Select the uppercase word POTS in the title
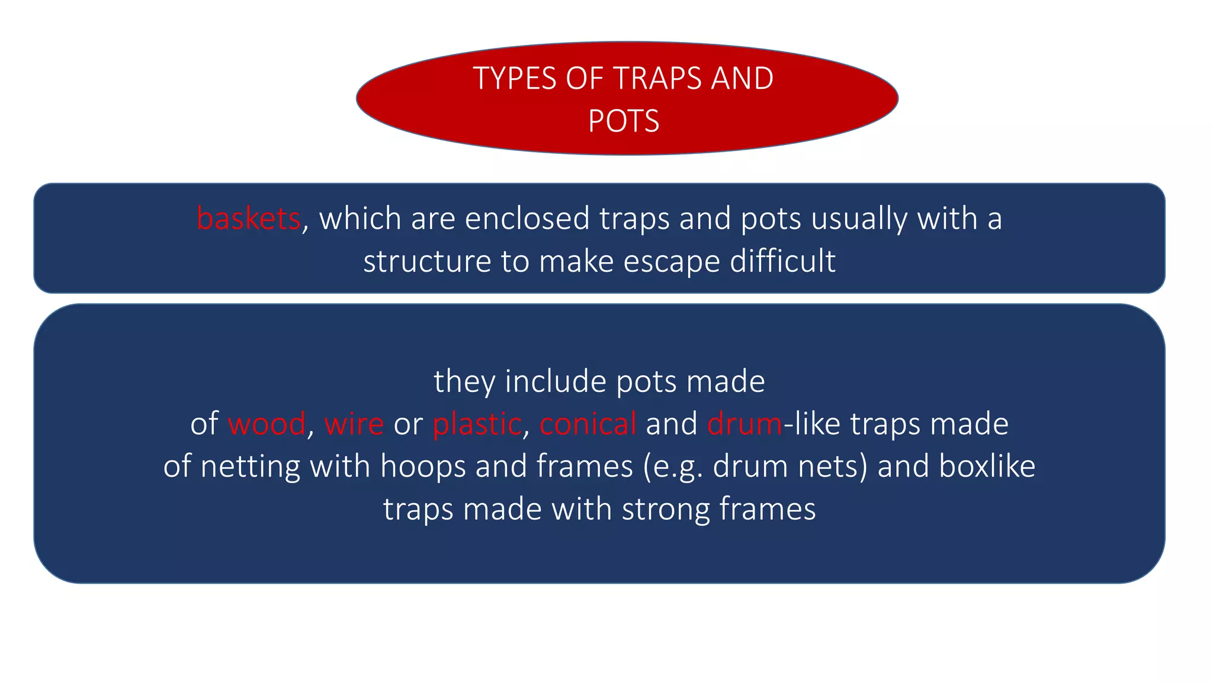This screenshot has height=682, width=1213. coord(623,121)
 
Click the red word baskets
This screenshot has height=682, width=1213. coord(249,218)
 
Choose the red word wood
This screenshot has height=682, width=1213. coord(267,424)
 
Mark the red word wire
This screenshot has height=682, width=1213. coord(354,424)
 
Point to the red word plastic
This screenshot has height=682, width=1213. coord(477,424)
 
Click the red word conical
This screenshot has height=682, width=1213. coord(588,424)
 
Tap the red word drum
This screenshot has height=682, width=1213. coord(745,424)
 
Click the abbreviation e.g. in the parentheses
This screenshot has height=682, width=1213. coord(678,467)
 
